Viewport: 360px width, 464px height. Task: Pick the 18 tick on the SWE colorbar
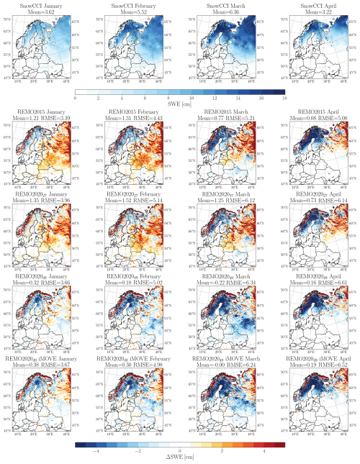click(285, 97)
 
